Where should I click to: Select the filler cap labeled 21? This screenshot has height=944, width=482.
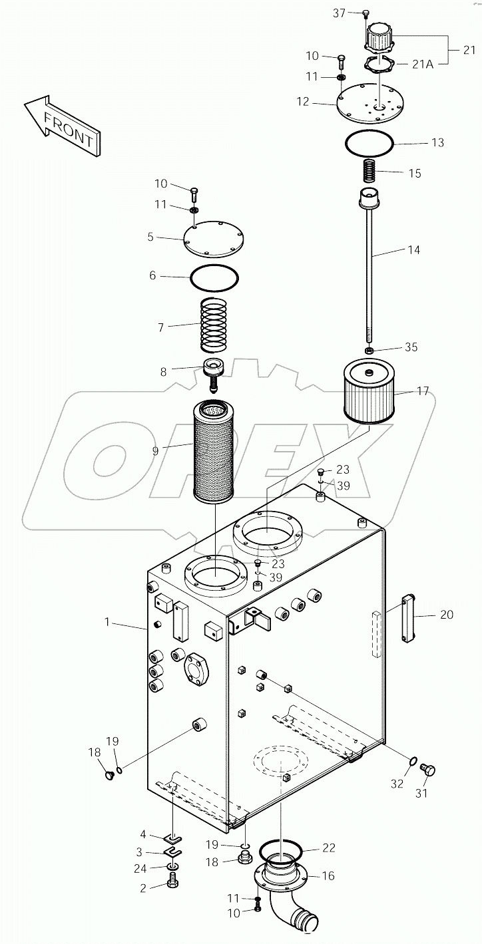pyautogui.click(x=379, y=39)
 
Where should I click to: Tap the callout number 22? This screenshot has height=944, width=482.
pyautogui.click(x=329, y=848)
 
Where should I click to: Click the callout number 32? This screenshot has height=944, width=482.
pyautogui.click(x=397, y=784)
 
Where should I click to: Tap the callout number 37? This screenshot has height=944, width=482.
pyautogui.click(x=339, y=13)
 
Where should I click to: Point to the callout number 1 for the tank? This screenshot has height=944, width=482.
pyautogui.click(x=107, y=622)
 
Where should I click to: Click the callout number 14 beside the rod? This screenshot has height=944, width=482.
pyautogui.click(x=414, y=250)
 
